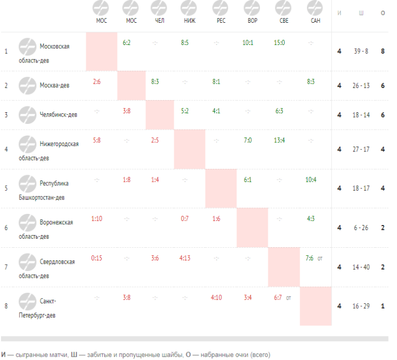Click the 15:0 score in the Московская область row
(279, 43)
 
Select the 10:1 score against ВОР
(248, 43)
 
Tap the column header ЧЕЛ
(159, 21)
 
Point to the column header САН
(315, 21)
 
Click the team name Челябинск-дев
(58, 115)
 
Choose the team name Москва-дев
(55, 85)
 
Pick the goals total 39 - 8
(361, 51)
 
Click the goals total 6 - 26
(361, 228)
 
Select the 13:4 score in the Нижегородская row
(279, 140)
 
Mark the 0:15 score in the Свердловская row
(96, 258)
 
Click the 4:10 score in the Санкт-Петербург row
(216, 298)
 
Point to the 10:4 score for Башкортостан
(311, 179)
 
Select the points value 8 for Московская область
(383, 51)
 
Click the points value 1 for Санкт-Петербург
(383, 306)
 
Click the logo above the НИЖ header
(188, 8)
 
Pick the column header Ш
(361, 13)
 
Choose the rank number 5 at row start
(6, 188)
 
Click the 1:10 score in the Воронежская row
(96, 219)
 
